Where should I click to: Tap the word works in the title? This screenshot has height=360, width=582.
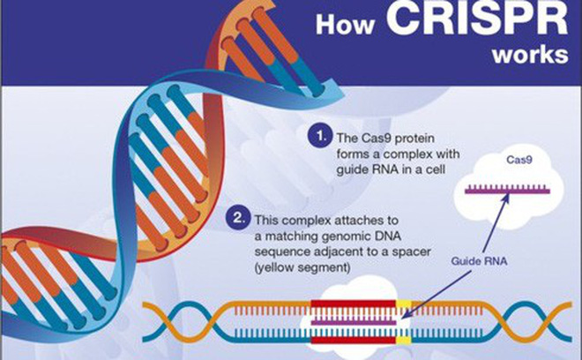tap(530, 55)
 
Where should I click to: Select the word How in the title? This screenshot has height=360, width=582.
tap(345, 25)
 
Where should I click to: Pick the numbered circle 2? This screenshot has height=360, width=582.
tap(238, 219)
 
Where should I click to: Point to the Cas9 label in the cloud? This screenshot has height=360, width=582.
tap(519, 160)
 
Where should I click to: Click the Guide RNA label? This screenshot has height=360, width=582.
tap(479, 261)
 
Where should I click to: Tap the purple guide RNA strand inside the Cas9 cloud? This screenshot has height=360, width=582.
tap(507, 191)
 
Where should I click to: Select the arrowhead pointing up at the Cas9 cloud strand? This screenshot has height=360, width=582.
tap(505, 199)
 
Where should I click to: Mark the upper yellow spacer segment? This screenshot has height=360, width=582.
tap(404, 304)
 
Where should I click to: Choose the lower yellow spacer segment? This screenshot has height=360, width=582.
tap(404, 340)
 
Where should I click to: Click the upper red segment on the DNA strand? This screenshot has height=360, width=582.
tap(353, 304)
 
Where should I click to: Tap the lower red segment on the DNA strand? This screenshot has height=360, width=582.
tap(353, 340)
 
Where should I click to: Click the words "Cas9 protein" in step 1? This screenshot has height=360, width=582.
tap(398, 139)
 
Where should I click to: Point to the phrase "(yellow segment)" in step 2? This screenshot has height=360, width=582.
tap(302, 267)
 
